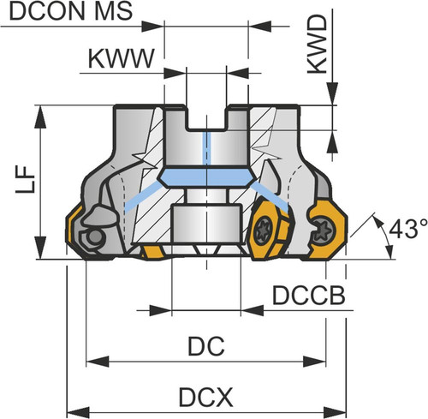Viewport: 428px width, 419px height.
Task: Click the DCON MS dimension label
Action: click(71, 11)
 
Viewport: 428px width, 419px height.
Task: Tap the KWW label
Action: click(122, 59)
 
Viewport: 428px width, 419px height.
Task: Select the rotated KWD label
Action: click(318, 45)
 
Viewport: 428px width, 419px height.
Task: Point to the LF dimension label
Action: click(25, 179)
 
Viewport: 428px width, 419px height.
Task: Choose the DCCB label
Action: click(309, 296)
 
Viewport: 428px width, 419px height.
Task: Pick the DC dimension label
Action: click(206, 346)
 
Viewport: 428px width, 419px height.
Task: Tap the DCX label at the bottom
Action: click(205, 398)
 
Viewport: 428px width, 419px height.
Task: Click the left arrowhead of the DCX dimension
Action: click(78, 413)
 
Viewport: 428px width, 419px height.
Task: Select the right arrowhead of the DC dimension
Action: click(314, 362)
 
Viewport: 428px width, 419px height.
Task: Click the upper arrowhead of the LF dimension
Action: click(40, 117)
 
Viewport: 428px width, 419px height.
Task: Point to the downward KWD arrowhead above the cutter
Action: click(332, 93)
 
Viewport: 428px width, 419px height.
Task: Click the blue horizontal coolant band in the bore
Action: click(206, 177)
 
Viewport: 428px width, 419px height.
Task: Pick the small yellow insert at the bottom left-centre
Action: click(153, 253)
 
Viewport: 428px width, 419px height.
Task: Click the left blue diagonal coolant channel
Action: click(142, 197)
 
